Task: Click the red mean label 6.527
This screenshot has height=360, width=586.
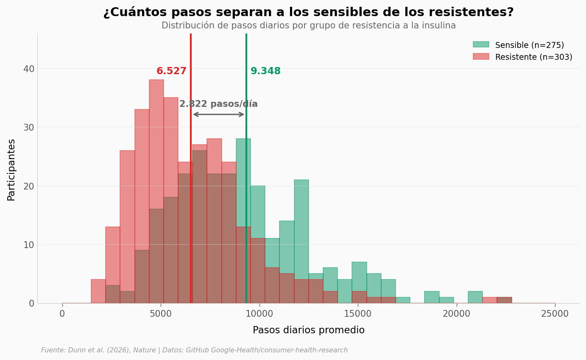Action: point(171,71)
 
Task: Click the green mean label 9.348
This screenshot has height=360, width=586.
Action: point(265,71)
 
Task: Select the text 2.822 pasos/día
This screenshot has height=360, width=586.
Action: point(218,104)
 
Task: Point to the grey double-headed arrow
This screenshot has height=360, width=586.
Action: point(218,114)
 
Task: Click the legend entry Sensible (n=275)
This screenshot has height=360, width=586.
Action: point(529,45)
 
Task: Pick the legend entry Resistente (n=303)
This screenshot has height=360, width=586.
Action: point(533,57)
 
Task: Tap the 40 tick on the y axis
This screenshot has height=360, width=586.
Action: point(29,69)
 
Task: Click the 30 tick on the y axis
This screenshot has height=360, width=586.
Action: point(29,127)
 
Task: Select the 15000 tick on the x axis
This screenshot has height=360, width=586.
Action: point(358,314)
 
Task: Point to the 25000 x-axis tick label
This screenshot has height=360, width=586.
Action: point(555,314)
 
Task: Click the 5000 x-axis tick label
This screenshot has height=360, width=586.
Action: point(161,314)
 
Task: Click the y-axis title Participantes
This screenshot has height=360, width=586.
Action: point(11,170)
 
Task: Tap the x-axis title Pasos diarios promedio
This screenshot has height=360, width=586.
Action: point(308,330)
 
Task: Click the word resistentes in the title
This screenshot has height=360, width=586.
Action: point(471,13)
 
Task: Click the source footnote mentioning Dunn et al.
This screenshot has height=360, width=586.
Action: point(194,350)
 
